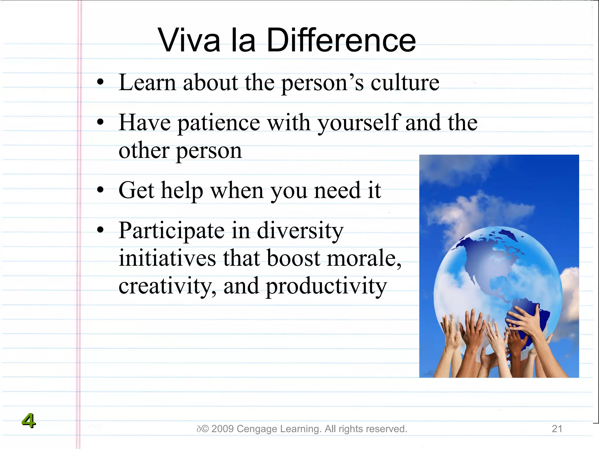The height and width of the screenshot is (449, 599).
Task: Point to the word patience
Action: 219,123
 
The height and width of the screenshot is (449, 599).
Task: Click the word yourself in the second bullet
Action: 359,123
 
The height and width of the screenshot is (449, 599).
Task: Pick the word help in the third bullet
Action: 182,191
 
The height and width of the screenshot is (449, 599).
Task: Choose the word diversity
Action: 300,231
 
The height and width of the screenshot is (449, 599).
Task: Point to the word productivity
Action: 326,286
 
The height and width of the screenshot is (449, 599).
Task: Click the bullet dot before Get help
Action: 100,190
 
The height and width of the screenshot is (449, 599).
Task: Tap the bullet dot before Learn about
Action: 100,82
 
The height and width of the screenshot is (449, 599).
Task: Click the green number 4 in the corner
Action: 28,421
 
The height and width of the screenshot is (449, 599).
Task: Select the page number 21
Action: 557,429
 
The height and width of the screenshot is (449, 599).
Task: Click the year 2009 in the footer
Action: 222,429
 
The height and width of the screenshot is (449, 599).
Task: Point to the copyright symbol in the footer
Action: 205,429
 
